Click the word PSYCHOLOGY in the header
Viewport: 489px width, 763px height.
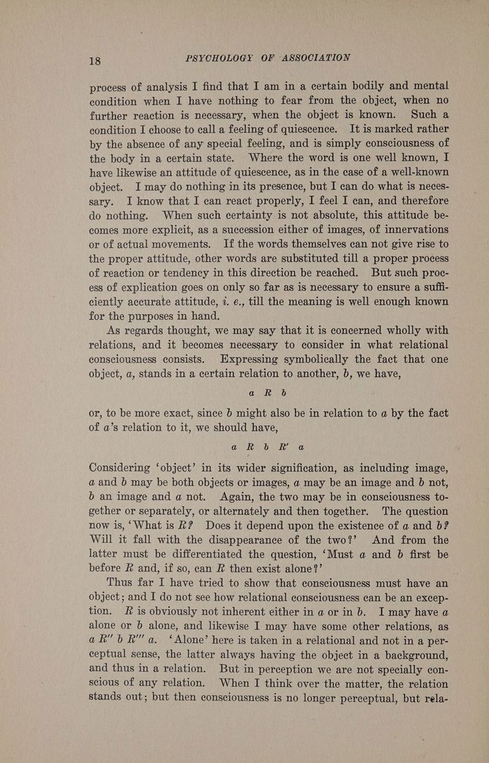click(224, 58)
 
